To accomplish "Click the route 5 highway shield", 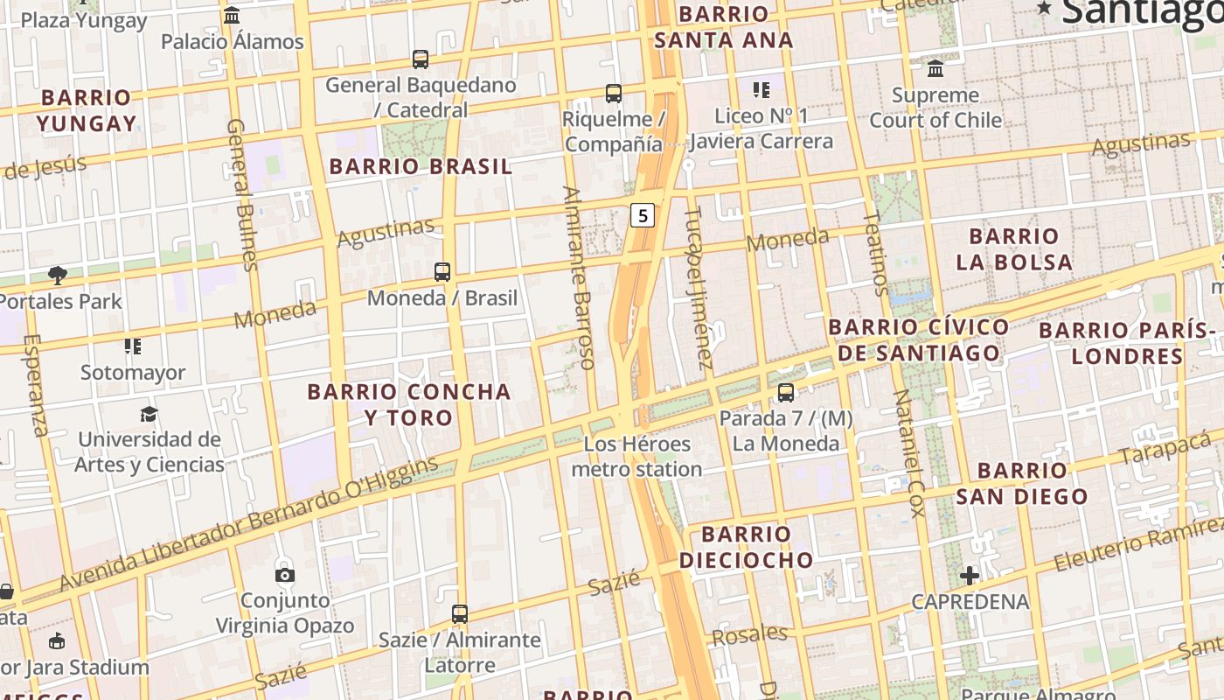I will pyautogui.click(x=643, y=215).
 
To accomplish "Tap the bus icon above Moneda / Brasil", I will pyautogui.click(x=442, y=271).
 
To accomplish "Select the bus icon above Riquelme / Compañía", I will pyautogui.click(x=614, y=93).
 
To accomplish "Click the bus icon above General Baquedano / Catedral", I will pyautogui.click(x=421, y=59).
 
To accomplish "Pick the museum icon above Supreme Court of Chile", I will pyautogui.click(x=935, y=68).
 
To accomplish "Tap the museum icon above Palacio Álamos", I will pyautogui.click(x=232, y=15).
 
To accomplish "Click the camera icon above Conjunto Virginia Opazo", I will pyautogui.click(x=285, y=575).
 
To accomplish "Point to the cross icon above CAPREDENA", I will pyautogui.click(x=970, y=576).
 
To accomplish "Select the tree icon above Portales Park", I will pyautogui.click(x=58, y=276).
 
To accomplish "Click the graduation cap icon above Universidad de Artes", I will pyautogui.click(x=149, y=414).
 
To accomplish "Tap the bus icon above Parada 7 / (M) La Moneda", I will pyautogui.click(x=786, y=393).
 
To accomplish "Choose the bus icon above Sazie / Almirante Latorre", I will pyautogui.click(x=460, y=613).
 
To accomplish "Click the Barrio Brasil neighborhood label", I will pyautogui.click(x=421, y=167).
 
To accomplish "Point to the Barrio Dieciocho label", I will pyautogui.click(x=746, y=547).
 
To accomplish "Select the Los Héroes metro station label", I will pyautogui.click(x=636, y=457).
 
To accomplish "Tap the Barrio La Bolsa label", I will pyautogui.click(x=1014, y=249).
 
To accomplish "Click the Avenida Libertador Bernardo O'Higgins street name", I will pyautogui.click(x=249, y=522).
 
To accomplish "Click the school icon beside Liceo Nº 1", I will pyautogui.click(x=762, y=89).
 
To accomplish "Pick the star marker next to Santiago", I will pyautogui.click(x=1044, y=8).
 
